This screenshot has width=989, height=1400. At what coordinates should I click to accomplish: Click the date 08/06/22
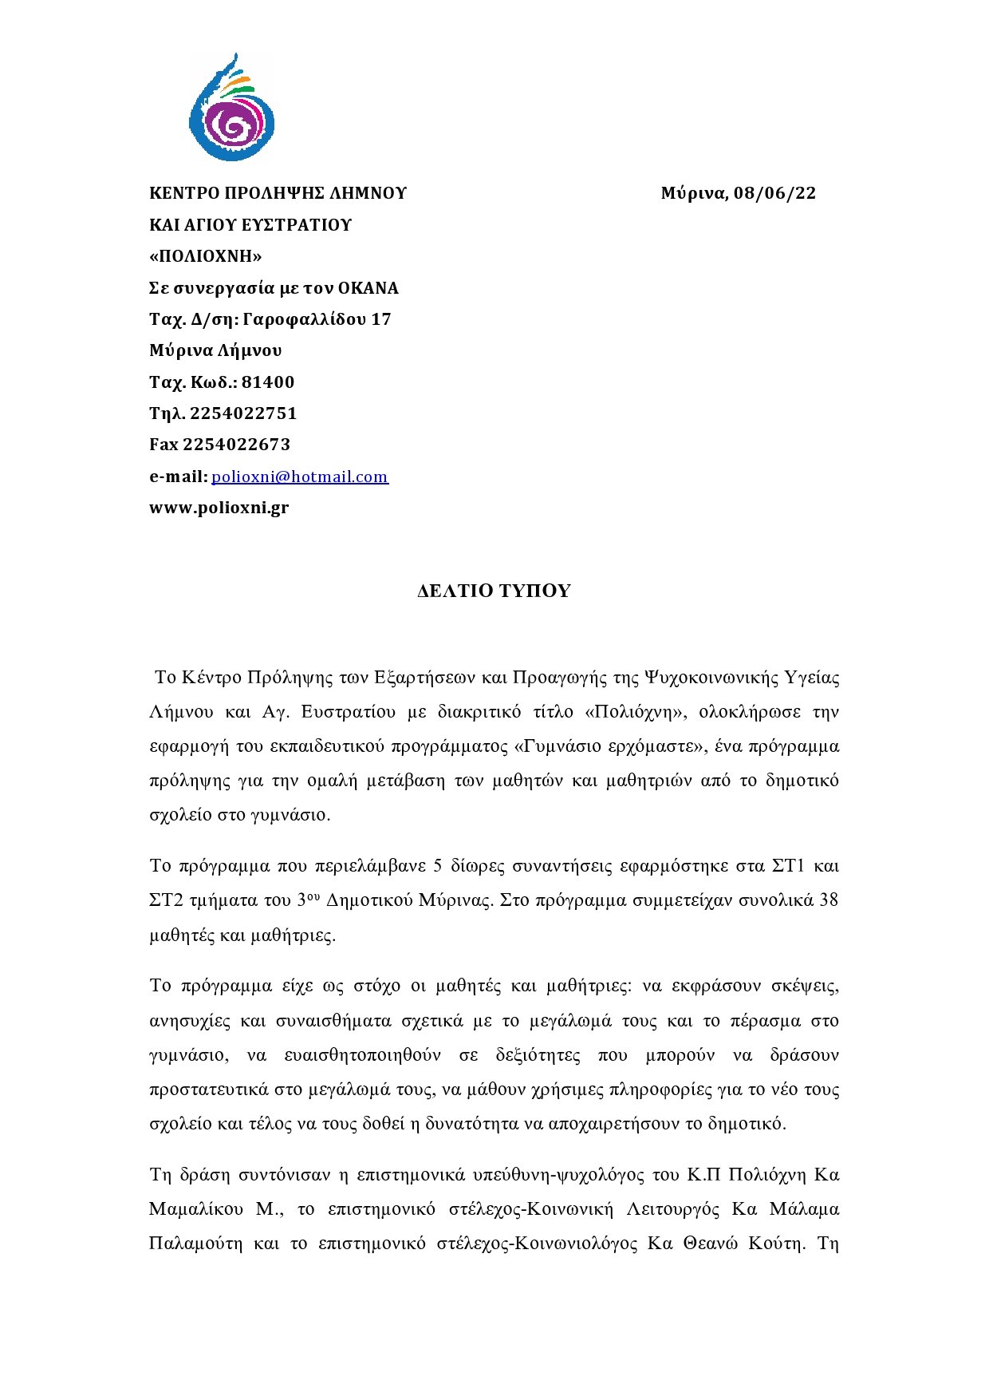click(x=774, y=193)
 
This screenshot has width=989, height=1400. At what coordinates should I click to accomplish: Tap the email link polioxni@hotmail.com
click(x=300, y=477)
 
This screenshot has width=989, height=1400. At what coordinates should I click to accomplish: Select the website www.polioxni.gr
click(x=219, y=508)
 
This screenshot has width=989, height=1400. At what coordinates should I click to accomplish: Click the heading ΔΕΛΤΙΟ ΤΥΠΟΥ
click(x=494, y=591)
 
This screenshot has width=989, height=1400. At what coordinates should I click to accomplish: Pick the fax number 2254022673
click(x=237, y=445)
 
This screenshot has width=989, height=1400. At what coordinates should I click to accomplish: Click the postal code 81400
click(x=268, y=382)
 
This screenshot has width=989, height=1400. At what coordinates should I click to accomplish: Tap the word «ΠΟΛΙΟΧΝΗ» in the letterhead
click(x=206, y=256)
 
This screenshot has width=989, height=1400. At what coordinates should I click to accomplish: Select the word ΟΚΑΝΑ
click(x=368, y=288)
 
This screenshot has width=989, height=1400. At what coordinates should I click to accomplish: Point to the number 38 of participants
click(x=829, y=900)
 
